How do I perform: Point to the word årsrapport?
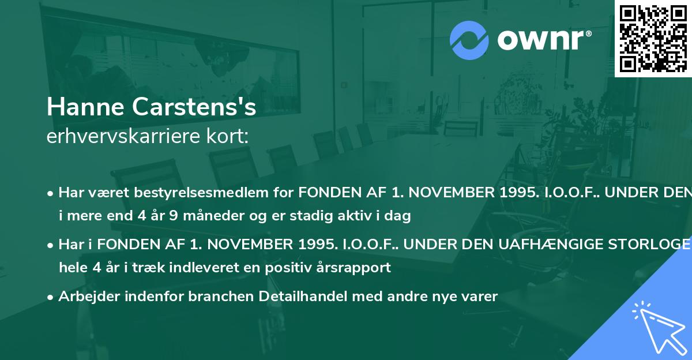356,268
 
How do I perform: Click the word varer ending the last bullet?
481,297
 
